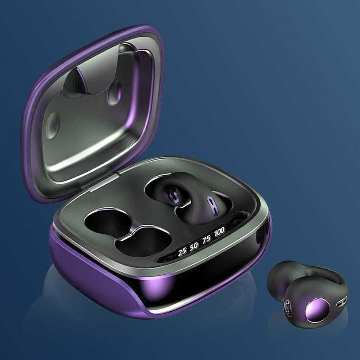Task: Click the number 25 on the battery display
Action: [182, 252]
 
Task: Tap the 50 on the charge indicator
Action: [194, 246]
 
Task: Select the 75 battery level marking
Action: [206, 239]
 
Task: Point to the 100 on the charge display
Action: [219, 232]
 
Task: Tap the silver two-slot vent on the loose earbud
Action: [342, 302]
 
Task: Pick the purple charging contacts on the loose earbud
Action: [287, 309]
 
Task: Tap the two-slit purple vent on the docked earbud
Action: [212, 206]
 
